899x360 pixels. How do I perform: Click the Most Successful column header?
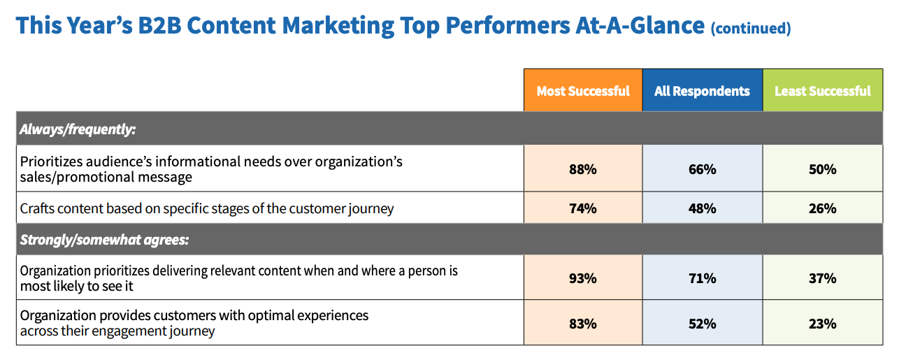pyautogui.click(x=583, y=91)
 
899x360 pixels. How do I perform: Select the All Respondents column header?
pyautogui.click(x=702, y=91)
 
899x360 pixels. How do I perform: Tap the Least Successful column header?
pyautogui.click(x=822, y=91)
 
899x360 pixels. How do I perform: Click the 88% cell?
pyautogui.click(x=583, y=169)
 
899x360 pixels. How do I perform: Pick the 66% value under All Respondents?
pyautogui.click(x=702, y=169)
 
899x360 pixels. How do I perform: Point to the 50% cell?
pyautogui.click(x=822, y=169)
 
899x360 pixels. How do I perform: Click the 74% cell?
pyautogui.click(x=583, y=208)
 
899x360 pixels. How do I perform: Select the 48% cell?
pyautogui.click(x=702, y=208)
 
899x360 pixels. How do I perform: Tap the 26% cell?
pyautogui.click(x=822, y=208)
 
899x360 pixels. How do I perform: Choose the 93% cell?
pyautogui.click(x=583, y=278)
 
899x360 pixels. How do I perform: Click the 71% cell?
pyautogui.click(x=702, y=278)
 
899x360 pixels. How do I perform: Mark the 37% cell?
pyautogui.click(x=822, y=278)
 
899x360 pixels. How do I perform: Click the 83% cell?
pyautogui.click(x=583, y=324)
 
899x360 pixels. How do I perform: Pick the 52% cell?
pyautogui.click(x=702, y=324)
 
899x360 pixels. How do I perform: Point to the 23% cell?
pyautogui.click(x=822, y=324)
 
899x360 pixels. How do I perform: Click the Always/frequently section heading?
pyautogui.click(x=78, y=129)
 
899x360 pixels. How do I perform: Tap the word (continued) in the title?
pyautogui.click(x=750, y=28)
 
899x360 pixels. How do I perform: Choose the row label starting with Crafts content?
pyautogui.click(x=207, y=208)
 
